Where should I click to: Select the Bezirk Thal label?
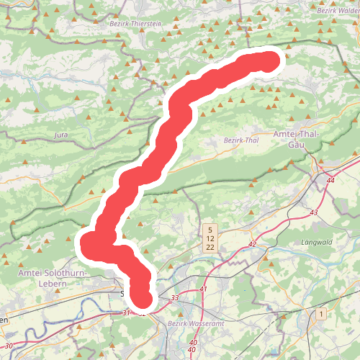click(240, 140)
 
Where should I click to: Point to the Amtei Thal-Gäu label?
click(300, 139)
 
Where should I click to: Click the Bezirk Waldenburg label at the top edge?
click(337, 10)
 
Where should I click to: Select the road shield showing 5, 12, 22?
click(210, 238)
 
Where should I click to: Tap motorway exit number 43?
click(313, 212)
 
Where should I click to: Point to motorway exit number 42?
click(252, 245)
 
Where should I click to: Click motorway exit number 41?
click(204, 289)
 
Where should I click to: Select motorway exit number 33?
click(175, 297)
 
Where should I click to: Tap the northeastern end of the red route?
click(269, 61)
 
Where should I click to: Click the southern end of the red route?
click(144, 297)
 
